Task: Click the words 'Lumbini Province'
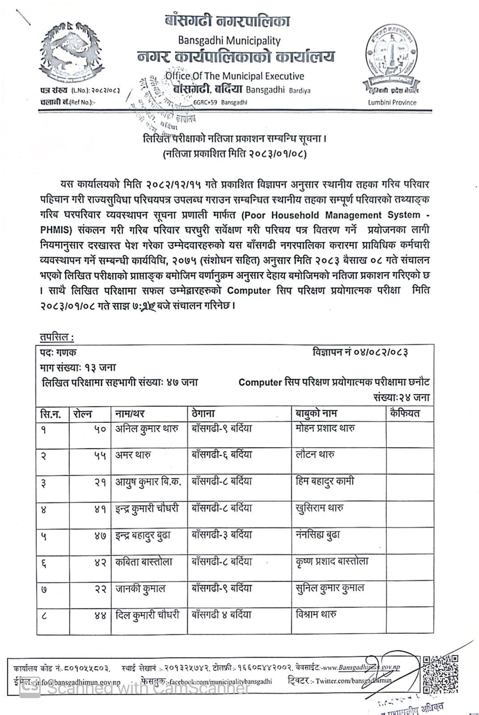pos(392,102)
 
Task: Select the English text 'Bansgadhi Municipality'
pos(229,41)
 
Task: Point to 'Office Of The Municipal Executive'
pos(235,76)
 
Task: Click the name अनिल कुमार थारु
pos(147,429)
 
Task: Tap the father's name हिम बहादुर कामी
pos(325,482)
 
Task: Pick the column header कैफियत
pos(404,413)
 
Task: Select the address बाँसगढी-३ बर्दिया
pos(222,535)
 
